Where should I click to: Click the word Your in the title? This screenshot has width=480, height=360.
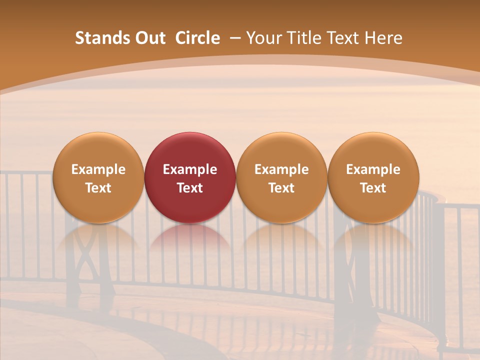(264, 38)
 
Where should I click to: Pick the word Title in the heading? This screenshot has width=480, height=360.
(304, 38)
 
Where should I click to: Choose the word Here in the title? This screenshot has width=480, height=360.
(383, 38)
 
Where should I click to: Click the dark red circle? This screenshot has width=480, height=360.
(190, 177)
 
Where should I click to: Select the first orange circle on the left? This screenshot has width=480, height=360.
(98, 177)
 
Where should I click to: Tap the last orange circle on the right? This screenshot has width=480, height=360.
(373, 177)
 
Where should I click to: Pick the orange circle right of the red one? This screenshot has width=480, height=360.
(281, 177)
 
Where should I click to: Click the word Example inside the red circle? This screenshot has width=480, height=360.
(190, 169)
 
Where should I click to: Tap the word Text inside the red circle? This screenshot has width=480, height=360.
(190, 188)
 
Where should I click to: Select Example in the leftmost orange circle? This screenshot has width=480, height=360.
(98, 169)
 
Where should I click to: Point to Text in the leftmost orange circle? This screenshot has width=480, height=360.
(98, 188)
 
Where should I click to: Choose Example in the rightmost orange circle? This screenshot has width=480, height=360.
(373, 169)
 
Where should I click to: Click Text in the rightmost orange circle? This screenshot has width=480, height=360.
(373, 188)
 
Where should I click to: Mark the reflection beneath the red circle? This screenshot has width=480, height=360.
(190, 240)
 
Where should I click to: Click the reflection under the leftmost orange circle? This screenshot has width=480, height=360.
(98, 240)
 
